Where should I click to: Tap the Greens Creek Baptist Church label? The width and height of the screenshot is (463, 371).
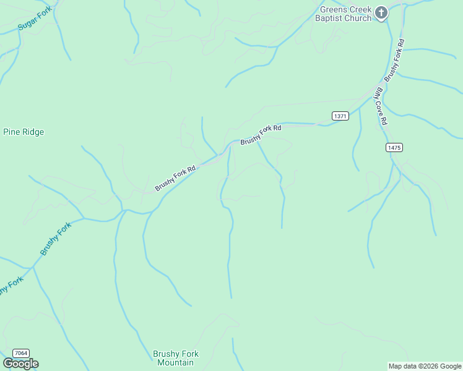345,14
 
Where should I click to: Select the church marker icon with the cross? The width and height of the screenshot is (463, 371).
382,12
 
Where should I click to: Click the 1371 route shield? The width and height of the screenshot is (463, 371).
340,116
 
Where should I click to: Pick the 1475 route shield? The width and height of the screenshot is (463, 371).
394,147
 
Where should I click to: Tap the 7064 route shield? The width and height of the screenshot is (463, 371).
20,353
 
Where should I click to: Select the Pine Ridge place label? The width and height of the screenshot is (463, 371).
24,132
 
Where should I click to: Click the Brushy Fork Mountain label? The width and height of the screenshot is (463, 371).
176,358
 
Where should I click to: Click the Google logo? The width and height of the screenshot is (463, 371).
20,364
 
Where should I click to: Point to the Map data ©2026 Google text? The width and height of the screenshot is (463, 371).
425,366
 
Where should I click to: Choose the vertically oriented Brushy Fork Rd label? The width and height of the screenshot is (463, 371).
394,61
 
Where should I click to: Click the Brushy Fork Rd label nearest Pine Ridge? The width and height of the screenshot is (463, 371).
175,177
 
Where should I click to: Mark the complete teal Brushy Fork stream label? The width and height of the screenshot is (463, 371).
56,239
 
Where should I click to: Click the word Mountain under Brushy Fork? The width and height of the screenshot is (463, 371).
176,362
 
